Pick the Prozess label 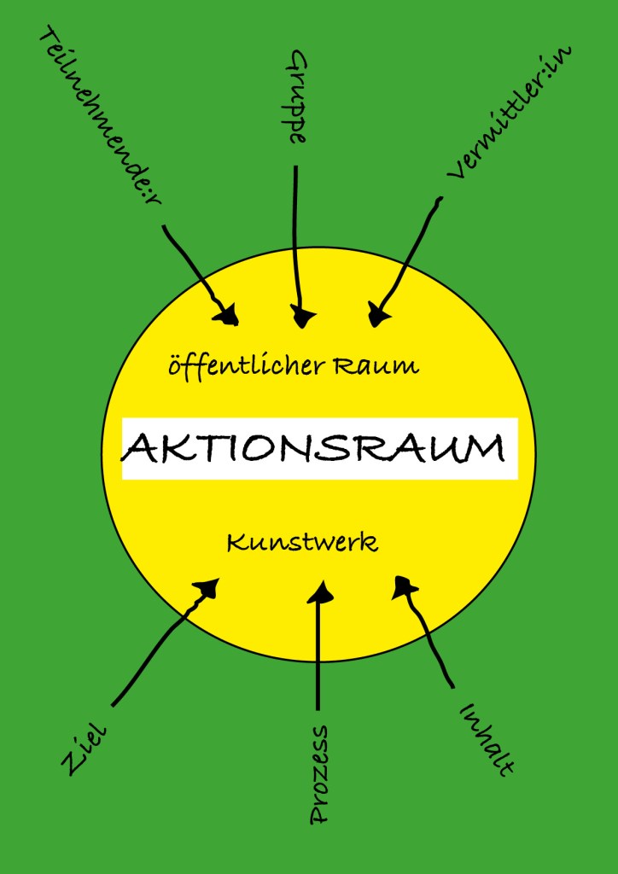pyautogui.click(x=318, y=775)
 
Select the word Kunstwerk pyautogui.click(x=302, y=543)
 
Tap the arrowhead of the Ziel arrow pyautogui.click(x=207, y=588)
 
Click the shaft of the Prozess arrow pyautogui.click(x=318, y=657)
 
